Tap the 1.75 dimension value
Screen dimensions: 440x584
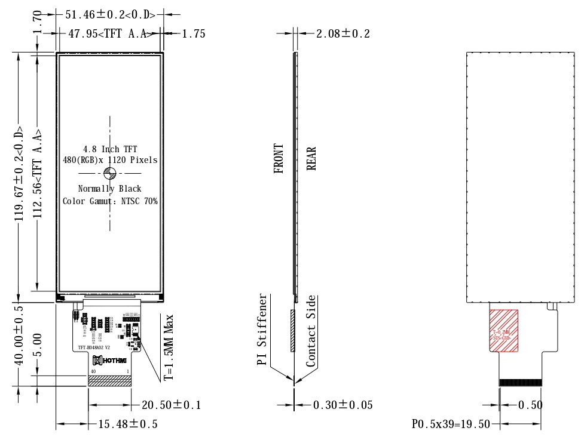coord(193,33)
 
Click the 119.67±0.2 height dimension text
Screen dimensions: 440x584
coord(20,173)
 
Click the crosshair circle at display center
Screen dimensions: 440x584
coord(109,173)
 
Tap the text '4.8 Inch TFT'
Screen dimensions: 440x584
coord(109,149)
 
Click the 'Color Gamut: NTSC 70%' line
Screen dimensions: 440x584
coord(110,201)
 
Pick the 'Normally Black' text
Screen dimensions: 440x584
coord(110,189)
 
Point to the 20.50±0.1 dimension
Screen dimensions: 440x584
coord(171,405)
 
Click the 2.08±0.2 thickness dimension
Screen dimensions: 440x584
coord(343,33)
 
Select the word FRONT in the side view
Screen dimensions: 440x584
coord(279,158)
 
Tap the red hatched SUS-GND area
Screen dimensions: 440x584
coord(504,330)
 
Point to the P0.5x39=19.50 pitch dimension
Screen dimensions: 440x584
coord(451,424)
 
